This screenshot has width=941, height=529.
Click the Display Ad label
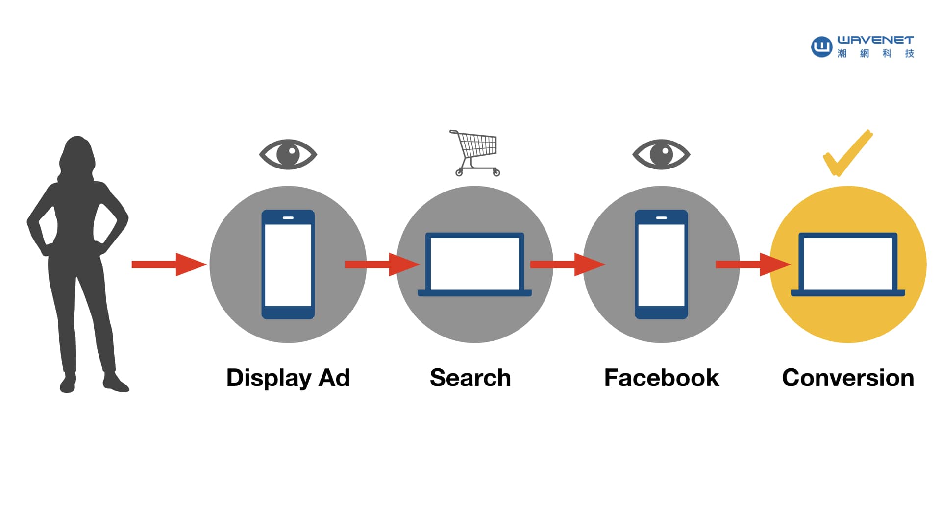(x=288, y=378)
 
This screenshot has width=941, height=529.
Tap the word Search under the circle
(x=470, y=378)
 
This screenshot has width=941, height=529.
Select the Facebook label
(x=661, y=378)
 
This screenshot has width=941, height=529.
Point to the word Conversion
(x=848, y=378)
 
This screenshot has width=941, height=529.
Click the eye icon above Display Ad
(x=288, y=154)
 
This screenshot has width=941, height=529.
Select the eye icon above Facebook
(x=661, y=154)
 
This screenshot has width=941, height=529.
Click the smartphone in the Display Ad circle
(x=288, y=264)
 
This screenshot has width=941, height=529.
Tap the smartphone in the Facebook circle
(x=661, y=264)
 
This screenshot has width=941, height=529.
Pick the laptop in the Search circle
(x=474, y=264)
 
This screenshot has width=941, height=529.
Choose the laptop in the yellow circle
(x=848, y=264)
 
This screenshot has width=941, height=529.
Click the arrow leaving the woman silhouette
(x=169, y=264)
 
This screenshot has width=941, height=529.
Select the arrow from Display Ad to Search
(x=382, y=264)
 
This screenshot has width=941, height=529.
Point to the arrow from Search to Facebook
(x=568, y=264)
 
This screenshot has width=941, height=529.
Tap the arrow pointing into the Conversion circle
(x=753, y=264)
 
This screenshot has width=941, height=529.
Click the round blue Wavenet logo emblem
(x=821, y=47)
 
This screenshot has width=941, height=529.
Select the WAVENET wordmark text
(x=875, y=40)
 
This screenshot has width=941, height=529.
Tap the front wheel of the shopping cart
(x=496, y=172)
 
